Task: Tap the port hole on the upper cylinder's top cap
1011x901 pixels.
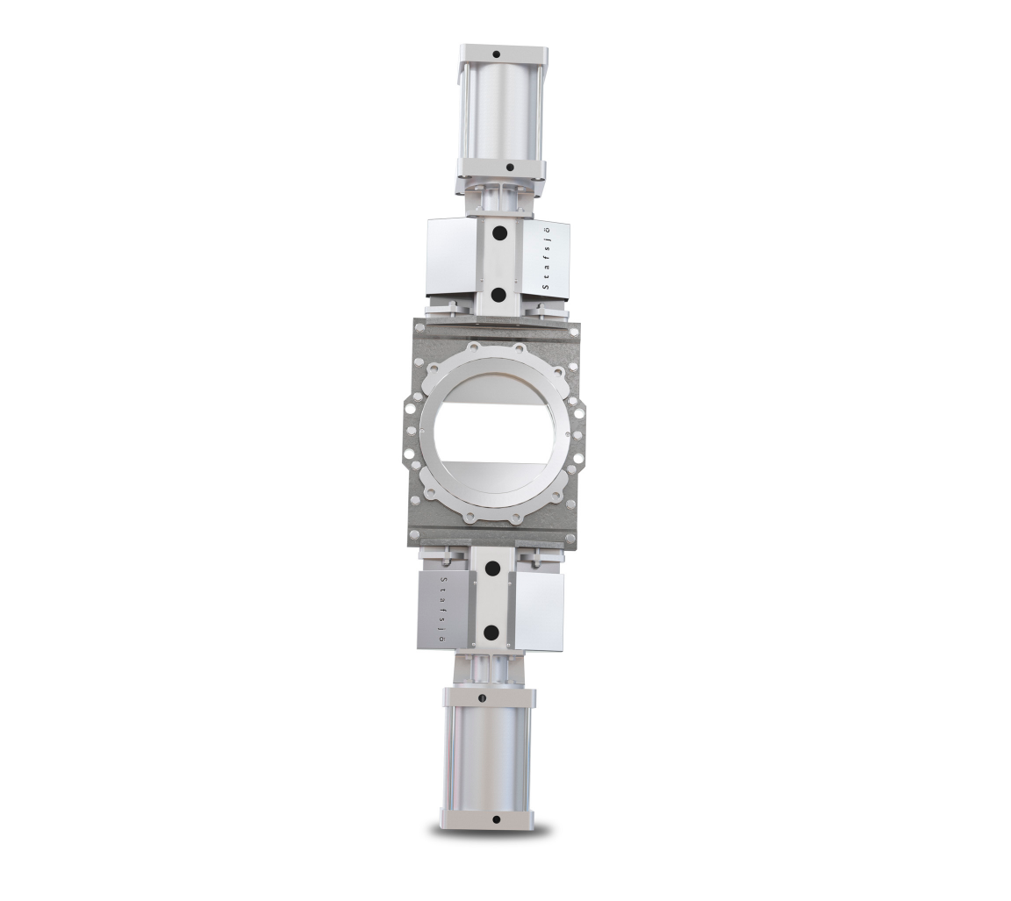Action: (x=496, y=54)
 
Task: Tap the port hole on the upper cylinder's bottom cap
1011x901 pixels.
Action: (x=508, y=167)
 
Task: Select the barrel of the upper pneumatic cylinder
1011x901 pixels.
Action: (x=501, y=111)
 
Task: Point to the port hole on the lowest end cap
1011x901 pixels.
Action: (x=496, y=819)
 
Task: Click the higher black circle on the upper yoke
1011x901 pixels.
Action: (x=499, y=233)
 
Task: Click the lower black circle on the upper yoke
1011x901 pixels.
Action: (x=498, y=294)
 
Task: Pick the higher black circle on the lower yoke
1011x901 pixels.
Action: (x=492, y=568)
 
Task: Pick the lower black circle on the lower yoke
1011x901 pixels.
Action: (x=491, y=632)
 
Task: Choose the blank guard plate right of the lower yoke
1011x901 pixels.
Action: (x=538, y=611)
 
